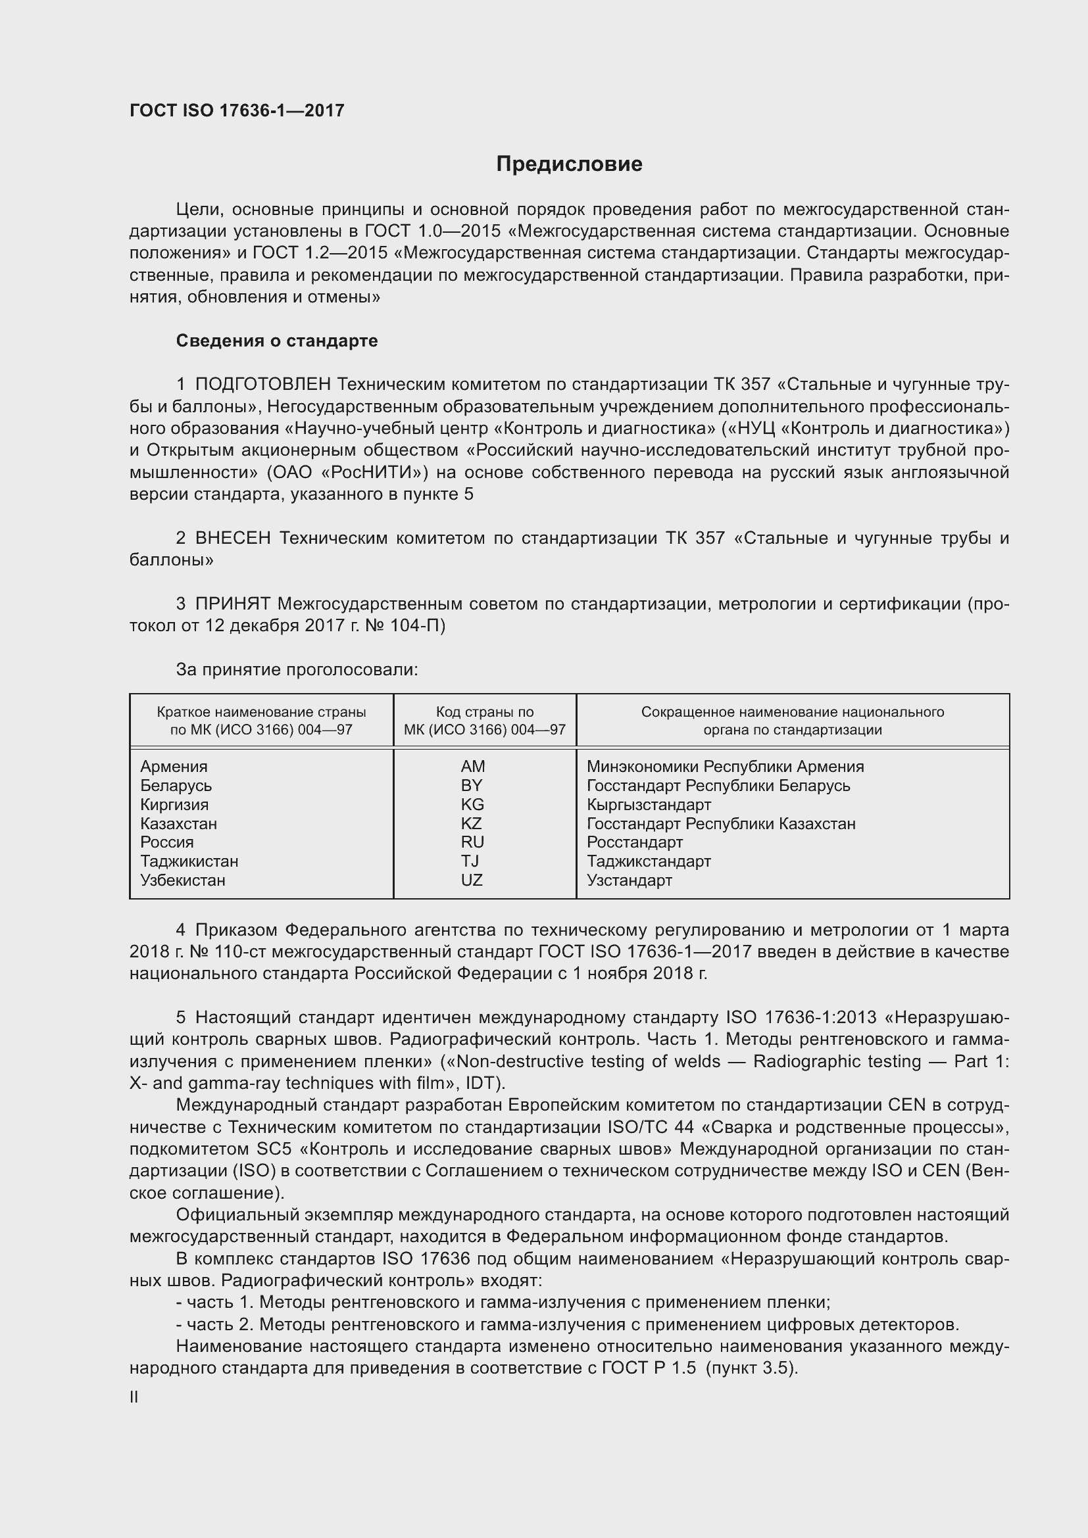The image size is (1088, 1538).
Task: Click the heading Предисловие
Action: click(569, 164)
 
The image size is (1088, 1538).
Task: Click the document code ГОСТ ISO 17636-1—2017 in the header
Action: click(237, 110)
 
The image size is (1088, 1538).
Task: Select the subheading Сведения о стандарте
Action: click(277, 341)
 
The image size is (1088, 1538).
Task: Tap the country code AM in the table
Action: click(472, 766)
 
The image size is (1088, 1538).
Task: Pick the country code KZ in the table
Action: click(472, 823)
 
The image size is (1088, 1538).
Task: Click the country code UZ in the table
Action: click(472, 880)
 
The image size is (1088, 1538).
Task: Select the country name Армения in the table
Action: click(174, 766)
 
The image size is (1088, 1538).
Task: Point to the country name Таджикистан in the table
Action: click(189, 861)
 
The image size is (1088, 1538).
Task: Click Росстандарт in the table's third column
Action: click(634, 842)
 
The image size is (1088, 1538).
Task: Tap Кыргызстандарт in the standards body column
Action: click(649, 804)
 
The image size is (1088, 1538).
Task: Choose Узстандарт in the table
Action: click(629, 880)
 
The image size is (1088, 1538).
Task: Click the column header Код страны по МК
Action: click(484, 721)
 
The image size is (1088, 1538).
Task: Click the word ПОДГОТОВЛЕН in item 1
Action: click(262, 385)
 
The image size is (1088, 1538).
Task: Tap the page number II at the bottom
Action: click(134, 1397)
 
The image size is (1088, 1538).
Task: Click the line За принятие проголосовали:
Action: click(297, 669)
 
